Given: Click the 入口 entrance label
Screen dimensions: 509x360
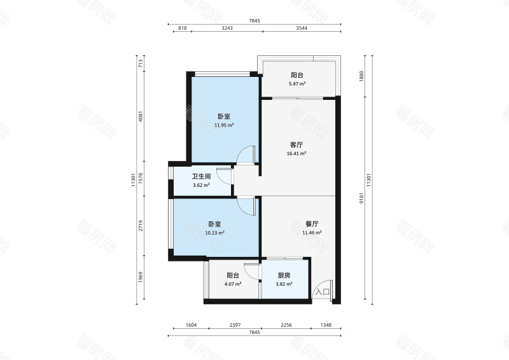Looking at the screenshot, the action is pos(323,291).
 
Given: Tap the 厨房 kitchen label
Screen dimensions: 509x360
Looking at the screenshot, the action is pos(284,275).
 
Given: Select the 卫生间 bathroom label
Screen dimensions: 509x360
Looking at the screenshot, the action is pos(201,177).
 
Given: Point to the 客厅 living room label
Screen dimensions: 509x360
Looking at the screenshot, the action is pos(296,145).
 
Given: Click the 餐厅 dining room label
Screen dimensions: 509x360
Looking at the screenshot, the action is pos(312,224).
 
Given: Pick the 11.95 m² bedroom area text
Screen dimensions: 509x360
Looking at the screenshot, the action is pos(224,125).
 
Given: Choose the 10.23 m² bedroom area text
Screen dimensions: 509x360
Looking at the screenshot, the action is pos(214,233).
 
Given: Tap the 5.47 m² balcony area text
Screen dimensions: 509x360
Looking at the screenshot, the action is pos(297,84).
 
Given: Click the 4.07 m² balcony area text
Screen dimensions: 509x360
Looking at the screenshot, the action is pos(233,284).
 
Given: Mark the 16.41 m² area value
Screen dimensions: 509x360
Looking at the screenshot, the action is pos(296,153).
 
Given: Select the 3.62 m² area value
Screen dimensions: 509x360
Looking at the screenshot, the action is pos(201,185).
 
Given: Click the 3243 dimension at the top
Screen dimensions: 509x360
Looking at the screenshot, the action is pos(227,28).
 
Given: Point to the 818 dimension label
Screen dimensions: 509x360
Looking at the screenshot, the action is pos(183,28).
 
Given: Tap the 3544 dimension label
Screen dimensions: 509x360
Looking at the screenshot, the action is pos(302,28).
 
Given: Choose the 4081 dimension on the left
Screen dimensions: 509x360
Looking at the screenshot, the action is pos(141,116).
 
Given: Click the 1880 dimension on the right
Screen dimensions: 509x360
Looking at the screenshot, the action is pos(361,76).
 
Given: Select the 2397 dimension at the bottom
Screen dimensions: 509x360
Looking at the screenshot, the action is pos(235,325).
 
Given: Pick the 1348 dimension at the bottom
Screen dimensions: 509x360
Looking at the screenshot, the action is pos(326,325).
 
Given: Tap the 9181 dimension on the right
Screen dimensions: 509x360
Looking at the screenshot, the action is pos(361,198).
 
